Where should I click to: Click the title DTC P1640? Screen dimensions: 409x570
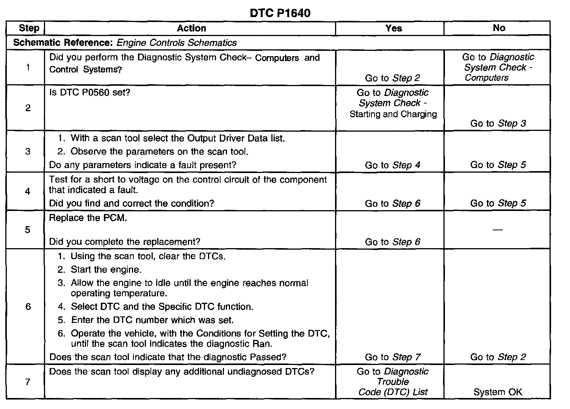280,13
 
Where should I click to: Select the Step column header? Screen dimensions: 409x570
29,28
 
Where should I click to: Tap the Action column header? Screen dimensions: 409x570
191,28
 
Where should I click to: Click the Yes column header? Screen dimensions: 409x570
393,28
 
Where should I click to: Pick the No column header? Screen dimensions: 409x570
499,28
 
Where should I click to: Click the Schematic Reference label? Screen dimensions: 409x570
63,42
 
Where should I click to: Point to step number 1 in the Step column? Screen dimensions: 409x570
28,68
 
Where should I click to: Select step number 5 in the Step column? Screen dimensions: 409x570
28,230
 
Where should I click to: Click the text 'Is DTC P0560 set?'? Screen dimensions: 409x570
89,93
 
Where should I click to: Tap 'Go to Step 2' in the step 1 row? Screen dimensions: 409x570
392,78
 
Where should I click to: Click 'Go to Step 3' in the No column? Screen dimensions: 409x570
498,123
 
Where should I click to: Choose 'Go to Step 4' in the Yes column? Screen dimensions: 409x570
392,165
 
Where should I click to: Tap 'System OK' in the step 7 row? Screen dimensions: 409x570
498,392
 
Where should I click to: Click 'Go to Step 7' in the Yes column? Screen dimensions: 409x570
392,357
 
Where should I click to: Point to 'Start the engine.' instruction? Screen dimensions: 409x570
106,270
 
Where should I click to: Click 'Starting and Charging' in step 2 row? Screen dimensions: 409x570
393,114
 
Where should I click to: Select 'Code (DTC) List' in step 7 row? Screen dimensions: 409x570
393,392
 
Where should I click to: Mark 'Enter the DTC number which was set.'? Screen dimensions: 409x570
152,320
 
